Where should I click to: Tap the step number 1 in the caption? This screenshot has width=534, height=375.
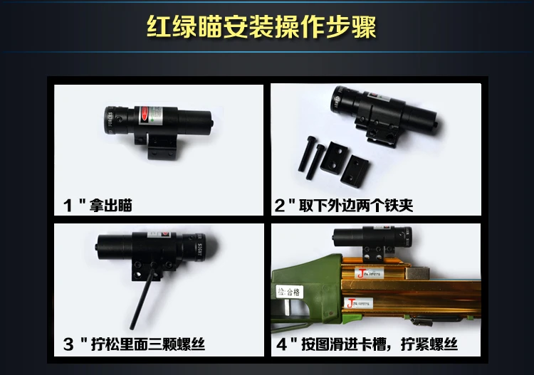tap(69, 206)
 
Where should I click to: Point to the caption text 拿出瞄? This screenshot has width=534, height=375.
tap(110, 206)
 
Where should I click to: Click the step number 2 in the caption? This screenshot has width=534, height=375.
tap(280, 206)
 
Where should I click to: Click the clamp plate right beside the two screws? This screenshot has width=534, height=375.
tap(333, 157)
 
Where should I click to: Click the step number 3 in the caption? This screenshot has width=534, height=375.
tap(69, 345)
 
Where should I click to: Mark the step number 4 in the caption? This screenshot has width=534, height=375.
tap(281, 345)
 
